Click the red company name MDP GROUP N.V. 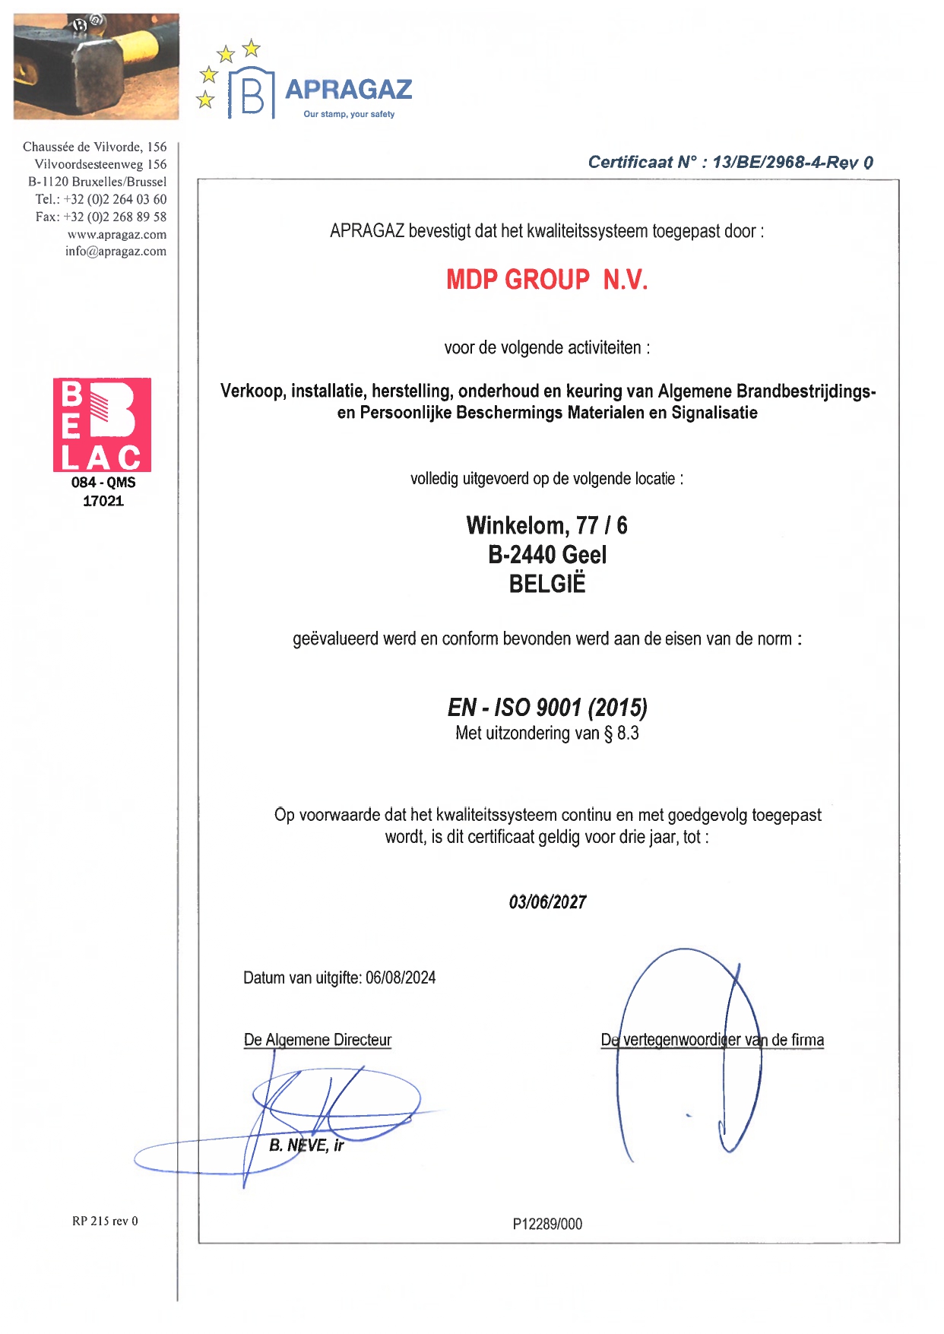[x=546, y=280]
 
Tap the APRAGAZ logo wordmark [x=348, y=90]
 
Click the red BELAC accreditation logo [x=102, y=425]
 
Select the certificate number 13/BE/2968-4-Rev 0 [x=792, y=163]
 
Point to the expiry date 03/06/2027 [x=547, y=902]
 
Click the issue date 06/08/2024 [x=401, y=978]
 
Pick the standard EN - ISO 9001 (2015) [x=547, y=708]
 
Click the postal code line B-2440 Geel [x=547, y=555]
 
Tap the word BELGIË [x=547, y=585]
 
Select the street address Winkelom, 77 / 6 [x=547, y=525]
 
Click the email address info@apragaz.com [x=116, y=252]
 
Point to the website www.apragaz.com [x=117, y=235]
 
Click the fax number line [x=101, y=217]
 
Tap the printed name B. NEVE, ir [x=306, y=1145]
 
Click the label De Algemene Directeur [x=318, y=1040]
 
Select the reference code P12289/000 [x=547, y=1224]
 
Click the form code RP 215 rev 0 [x=105, y=1222]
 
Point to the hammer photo [x=96, y=66]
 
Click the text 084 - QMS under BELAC [x=103, y=483]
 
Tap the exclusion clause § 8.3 [x=622, y=734]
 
